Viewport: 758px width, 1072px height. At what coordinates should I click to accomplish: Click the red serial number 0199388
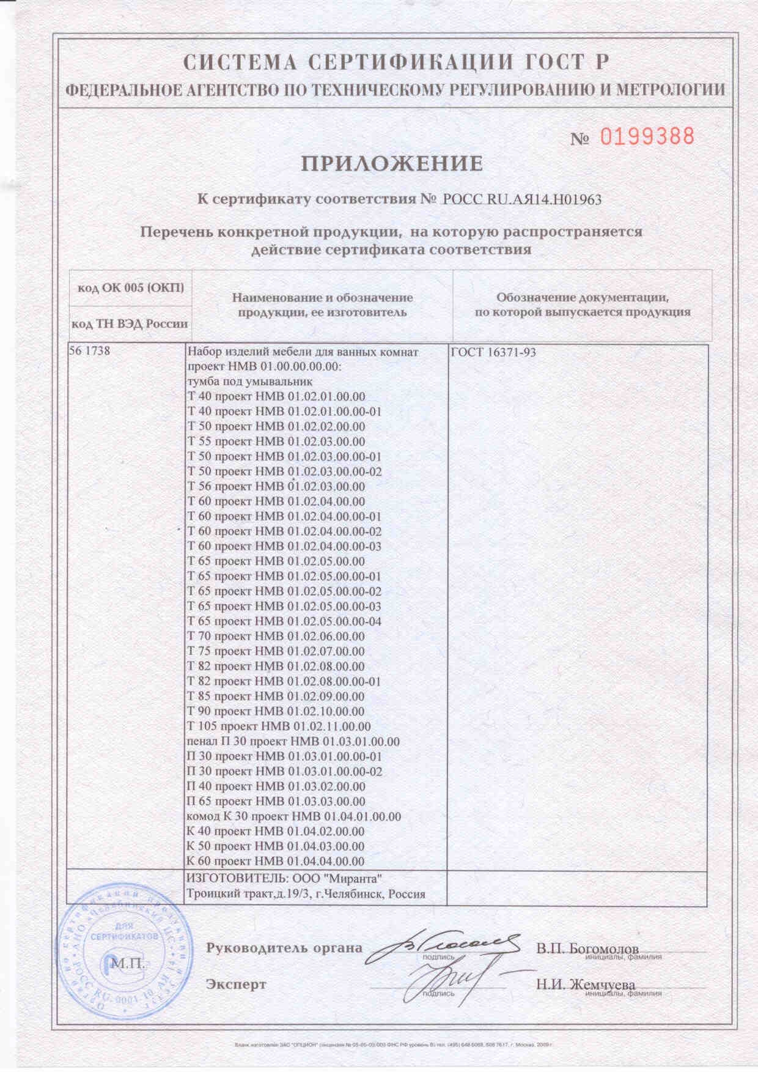[x=647, y=136]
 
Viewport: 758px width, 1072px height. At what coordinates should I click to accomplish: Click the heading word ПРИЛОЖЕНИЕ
[x=392, y=164]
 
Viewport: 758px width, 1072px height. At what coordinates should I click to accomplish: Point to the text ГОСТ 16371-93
[x=493, y=352]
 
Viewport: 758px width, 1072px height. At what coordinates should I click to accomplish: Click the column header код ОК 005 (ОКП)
[x=131, y=288]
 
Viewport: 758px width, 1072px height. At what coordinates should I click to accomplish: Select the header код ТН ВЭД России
[x=130, y=323]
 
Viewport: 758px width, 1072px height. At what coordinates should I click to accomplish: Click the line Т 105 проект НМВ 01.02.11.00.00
[x=278, y=726]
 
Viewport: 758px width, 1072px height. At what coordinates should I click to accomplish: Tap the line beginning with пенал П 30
[x=292, y=742]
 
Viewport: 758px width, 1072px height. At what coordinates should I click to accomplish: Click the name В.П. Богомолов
[x=587, y=949]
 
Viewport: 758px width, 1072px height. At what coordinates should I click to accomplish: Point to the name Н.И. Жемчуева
[x=586, y=985]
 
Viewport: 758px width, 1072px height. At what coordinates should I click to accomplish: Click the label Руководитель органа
[x=284, y=948]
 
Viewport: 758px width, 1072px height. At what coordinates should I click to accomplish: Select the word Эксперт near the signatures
[x=236, y=985]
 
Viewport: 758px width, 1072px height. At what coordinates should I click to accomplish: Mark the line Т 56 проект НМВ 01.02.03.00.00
[x=275, y=487]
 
